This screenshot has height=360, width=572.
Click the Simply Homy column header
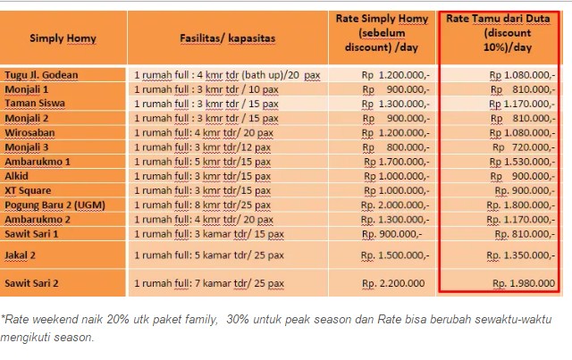point(63,38)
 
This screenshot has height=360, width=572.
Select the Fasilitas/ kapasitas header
point(227,38)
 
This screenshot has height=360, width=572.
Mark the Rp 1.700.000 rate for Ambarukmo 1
point(393,162)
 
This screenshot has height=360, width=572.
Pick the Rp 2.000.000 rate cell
point(393,205)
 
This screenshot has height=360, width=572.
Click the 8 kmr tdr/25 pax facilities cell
point(201,205)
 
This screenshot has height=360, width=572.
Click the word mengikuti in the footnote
point(31,338)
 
